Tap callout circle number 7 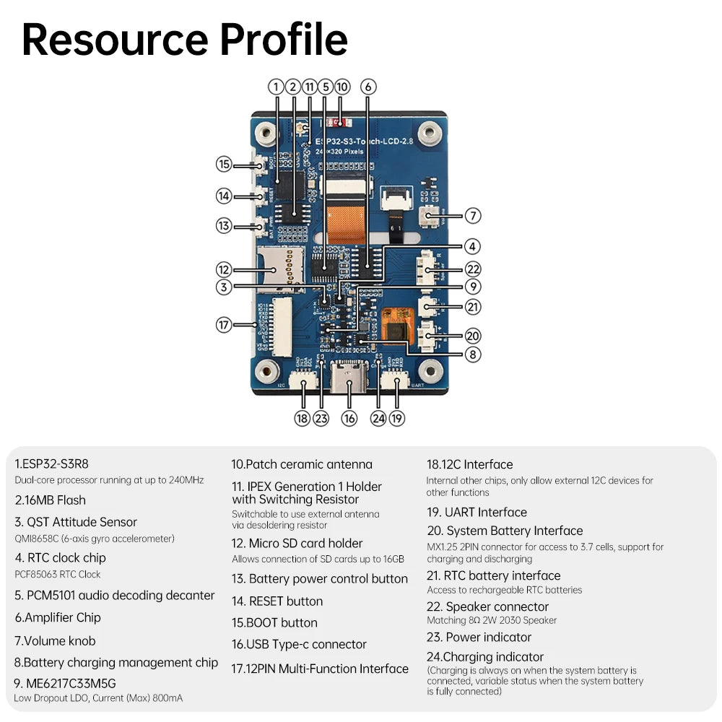click(473, 215)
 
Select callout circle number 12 click(224, 269)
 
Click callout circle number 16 click(349, 418)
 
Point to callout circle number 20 click(473, 336)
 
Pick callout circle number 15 click(224, 164)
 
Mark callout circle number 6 click(367, 87)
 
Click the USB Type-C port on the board click(349, 379)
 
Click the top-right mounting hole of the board click(432, 133)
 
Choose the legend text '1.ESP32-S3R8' click(51, 464)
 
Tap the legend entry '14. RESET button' click(277, 601)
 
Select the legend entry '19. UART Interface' click(477, 512)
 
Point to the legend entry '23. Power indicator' click(479, 637)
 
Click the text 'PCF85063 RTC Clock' click(58, 575)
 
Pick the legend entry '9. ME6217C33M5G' click(65, 683)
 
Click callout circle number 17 click(224, 325)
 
